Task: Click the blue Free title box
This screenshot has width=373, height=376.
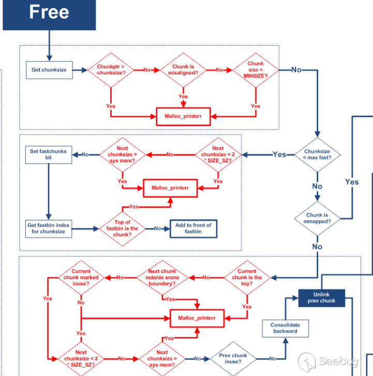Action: (49, 13)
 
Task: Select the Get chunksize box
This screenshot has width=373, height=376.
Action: (49, 69)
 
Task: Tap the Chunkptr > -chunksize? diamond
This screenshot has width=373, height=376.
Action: (111, 69)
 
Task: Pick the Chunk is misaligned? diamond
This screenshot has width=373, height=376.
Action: (183, 69)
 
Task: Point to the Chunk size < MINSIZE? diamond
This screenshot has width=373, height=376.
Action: (256, 69)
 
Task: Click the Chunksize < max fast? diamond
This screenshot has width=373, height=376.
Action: (317, 154)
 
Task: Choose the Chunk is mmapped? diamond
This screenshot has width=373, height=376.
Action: (317, 218)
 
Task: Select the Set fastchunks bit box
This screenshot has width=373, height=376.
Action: (49, 154)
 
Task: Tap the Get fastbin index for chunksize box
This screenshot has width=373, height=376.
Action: (49, 228)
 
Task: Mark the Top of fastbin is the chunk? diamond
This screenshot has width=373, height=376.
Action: (122, 228)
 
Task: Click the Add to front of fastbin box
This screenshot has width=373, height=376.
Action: (193, 228)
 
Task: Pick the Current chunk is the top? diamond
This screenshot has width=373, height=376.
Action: (247, 278)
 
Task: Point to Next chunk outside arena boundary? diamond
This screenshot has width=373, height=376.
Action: (162, 278)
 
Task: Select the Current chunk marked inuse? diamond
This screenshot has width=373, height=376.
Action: (81, 278)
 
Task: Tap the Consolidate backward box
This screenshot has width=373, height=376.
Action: (285, 328)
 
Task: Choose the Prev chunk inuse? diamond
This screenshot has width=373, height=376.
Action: (233, 358)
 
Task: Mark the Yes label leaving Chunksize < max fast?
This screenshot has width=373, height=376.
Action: (279, 154)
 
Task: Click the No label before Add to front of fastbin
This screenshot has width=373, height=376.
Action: (157, 228)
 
